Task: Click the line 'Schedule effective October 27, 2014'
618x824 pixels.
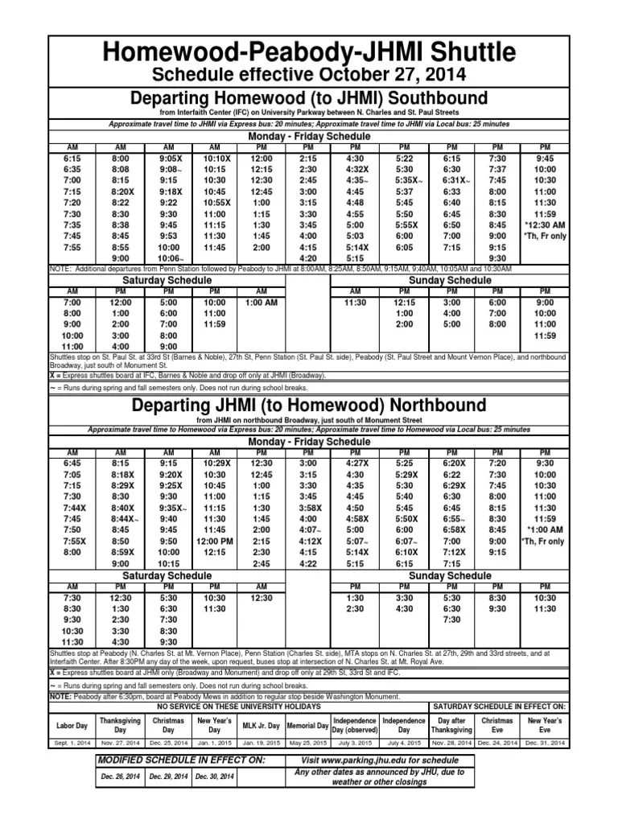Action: coord(308,75)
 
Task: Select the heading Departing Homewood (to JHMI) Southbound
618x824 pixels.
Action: coord(308,97)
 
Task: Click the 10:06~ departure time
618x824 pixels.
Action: coord(168,258)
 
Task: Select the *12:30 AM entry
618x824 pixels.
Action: coord(545,225)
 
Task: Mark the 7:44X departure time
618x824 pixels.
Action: coord(74,509)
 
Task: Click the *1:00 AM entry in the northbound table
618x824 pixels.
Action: coord(545,531)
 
